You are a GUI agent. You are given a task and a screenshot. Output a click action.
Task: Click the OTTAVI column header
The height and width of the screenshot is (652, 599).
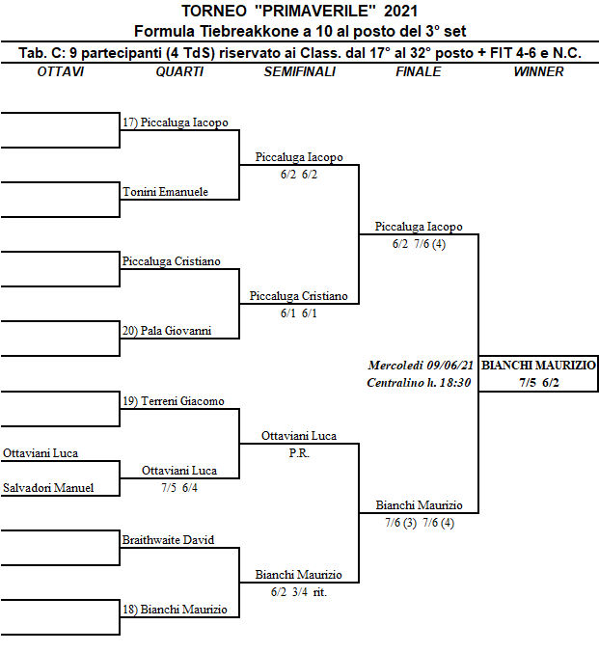pos(60,71)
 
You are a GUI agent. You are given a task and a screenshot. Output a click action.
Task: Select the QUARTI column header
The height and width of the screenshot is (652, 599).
pos(178,71)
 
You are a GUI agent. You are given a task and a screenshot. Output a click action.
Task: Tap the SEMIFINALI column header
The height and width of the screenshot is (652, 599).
pos(299,71)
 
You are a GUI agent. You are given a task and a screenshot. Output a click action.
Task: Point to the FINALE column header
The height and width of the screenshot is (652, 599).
pos(418,71)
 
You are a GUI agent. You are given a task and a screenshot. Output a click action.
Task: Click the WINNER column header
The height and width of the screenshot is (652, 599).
pos(538,71)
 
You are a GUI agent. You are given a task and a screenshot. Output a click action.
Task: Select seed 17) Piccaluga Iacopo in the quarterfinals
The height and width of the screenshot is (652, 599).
pos(176,122)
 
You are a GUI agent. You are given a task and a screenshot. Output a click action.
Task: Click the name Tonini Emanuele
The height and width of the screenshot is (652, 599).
pos(165,192)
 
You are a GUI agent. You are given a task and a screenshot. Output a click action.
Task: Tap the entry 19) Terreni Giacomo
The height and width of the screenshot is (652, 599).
pos(174,400)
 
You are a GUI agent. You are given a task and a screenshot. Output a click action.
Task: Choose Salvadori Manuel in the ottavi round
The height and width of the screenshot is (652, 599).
pos(48,488)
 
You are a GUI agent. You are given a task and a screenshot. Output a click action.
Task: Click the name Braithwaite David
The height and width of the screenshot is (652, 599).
pos(168,540)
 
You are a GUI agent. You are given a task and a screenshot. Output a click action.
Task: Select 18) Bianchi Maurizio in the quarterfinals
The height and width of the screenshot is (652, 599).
pos(175,610)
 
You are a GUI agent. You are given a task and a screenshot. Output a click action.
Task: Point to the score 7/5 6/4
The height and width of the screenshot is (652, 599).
pos(178,487)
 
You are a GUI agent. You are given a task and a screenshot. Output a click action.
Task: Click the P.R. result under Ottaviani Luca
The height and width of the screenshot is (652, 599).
pos(299,453)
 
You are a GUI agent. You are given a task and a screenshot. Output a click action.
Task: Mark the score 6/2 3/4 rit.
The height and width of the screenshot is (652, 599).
pos(299,592)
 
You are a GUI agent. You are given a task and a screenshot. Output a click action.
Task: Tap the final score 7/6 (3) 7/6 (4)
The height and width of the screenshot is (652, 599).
pos(419,523)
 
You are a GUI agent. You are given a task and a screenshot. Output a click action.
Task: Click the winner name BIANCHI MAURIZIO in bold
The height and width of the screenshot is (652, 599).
pos(538,366)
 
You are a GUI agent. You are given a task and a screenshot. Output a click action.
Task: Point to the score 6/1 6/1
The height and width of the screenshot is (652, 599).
pos(299,313)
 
